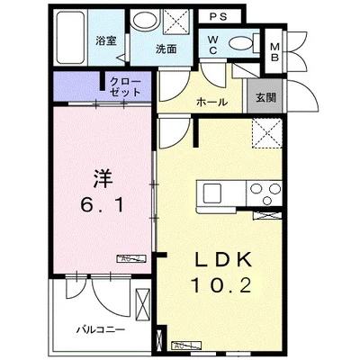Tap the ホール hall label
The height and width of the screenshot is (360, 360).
(x=211, y=103)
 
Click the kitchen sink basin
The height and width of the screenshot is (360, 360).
(x=213, y=193)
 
